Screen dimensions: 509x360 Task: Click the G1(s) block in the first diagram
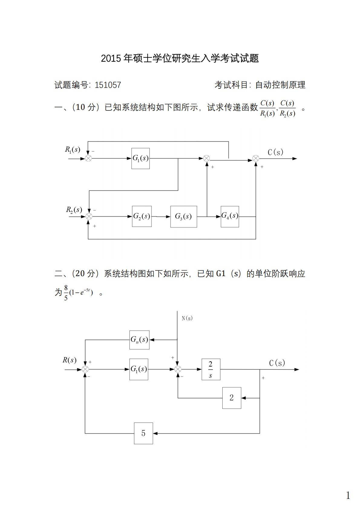pos(140,158)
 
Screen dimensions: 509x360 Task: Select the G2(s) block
pos(142,216)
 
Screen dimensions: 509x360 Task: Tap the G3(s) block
pos(183,217)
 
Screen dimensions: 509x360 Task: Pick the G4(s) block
pos(230,216)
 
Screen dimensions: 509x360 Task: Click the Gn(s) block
pos(139,340)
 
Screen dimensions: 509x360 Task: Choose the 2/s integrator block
pos(211,369)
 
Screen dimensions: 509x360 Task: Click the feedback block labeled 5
pos(143,433)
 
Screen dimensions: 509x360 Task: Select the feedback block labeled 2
pos(231,398)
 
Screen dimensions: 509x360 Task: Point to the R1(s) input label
pos(73,149)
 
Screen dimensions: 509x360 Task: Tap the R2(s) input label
pos(74,210)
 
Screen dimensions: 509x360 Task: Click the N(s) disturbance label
pos(187,318)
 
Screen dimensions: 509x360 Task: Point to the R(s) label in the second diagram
pos(69,360)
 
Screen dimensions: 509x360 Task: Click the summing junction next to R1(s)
pos(88,158)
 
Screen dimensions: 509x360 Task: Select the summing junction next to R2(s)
pos(89,216)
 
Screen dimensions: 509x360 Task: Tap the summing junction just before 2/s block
pos(178,369)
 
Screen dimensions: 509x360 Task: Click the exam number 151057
pos(108,85)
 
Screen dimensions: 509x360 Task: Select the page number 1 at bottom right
pos(348,495)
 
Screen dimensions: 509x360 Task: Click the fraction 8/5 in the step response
pos(66,292)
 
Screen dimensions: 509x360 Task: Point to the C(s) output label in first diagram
pos(275,152)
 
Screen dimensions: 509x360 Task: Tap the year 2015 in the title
pos(112,58)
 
